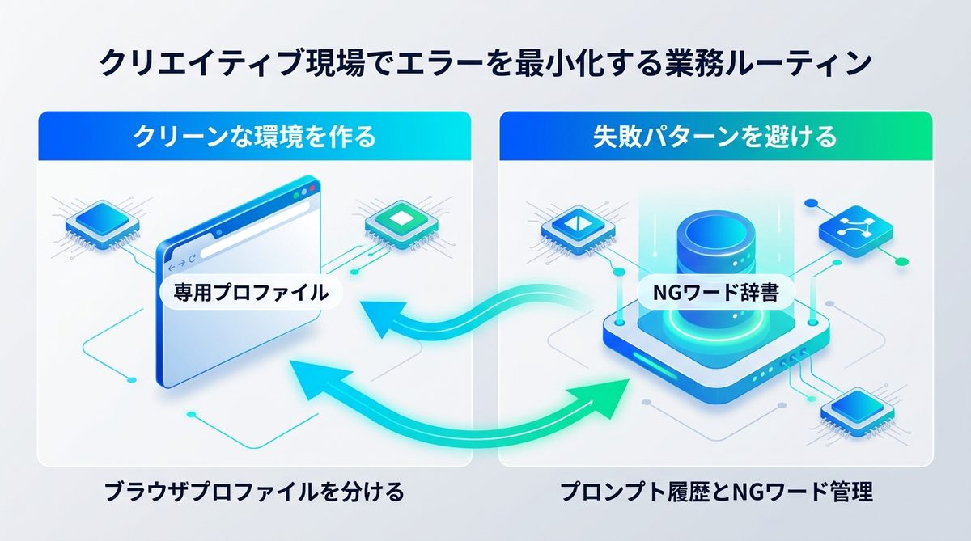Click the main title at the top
coord(485,62)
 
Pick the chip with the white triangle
coord(575,226)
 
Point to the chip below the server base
coord(854,412)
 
